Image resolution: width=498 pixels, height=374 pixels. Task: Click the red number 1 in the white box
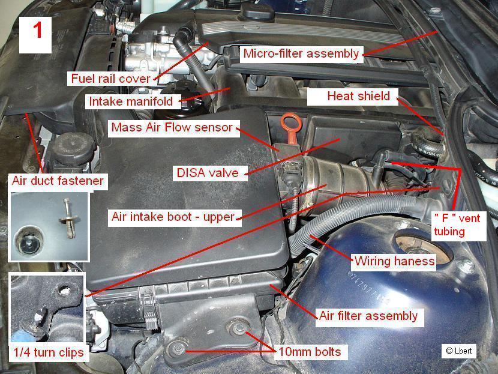[x=37, y=31]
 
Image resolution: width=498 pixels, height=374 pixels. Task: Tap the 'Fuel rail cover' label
[x=110, y=79]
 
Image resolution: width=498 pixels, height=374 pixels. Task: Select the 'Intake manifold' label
[x=131, y=101]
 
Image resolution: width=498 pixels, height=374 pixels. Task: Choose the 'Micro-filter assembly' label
[x=301, y=53]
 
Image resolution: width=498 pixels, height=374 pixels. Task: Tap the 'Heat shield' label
[x=359, y=96]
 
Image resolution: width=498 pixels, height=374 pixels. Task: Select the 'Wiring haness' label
[x=394, y=261]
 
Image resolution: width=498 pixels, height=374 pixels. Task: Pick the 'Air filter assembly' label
[x=369, y=316]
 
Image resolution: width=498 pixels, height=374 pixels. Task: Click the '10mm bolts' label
[x=310, y=352]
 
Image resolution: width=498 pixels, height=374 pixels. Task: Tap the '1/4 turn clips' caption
[x=48, y=352]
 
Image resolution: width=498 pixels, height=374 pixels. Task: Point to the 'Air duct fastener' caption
[x=58, y=181]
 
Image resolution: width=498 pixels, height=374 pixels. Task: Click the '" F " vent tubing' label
[x=457, y=225]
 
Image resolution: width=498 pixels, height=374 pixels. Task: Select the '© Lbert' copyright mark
[x=459, y=351]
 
